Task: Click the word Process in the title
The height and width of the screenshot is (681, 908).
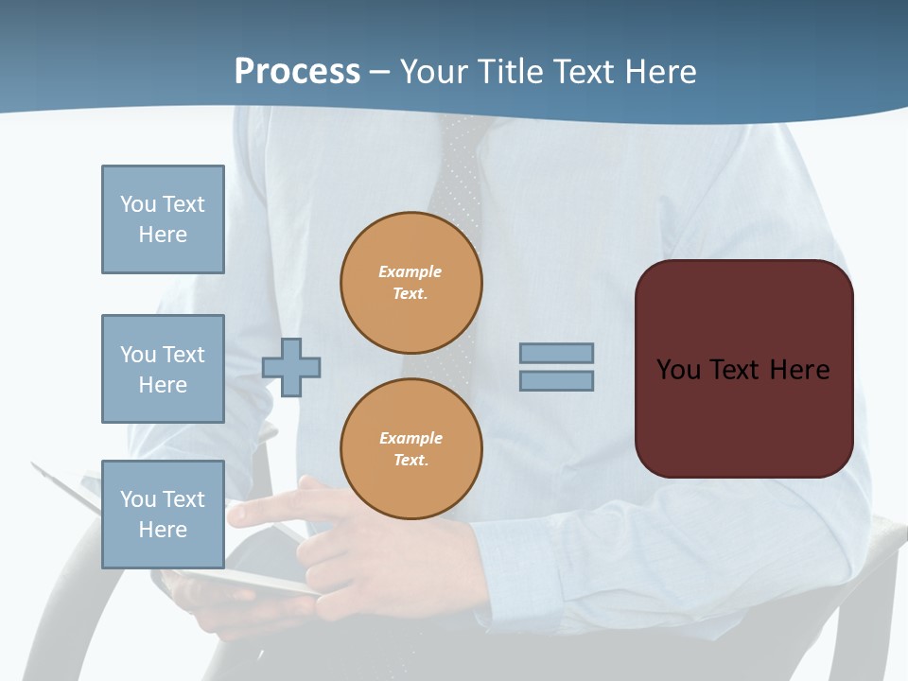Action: [297, 71]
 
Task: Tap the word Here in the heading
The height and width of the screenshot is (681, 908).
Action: [660, 72]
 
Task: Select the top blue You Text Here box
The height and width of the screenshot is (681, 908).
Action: [163, 219]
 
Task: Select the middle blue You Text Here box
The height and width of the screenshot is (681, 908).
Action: [163, 369]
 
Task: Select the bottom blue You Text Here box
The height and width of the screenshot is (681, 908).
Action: [163, 515]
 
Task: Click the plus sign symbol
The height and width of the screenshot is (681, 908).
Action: [291, 367]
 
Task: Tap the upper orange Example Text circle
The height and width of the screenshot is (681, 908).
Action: [411, 283]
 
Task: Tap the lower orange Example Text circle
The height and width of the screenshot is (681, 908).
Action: [411, 449]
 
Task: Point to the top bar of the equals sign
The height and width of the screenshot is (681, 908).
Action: [556, 353]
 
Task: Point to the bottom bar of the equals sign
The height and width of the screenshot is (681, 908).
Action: [556, 380]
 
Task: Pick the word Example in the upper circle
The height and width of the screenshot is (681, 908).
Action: [410, 271]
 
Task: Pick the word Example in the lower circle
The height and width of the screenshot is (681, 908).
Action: [410, 438]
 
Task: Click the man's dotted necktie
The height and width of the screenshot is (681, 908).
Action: [456, 189]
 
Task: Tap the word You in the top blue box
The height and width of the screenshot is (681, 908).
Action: [138, 204]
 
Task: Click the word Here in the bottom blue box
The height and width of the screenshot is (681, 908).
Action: [163, 530]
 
